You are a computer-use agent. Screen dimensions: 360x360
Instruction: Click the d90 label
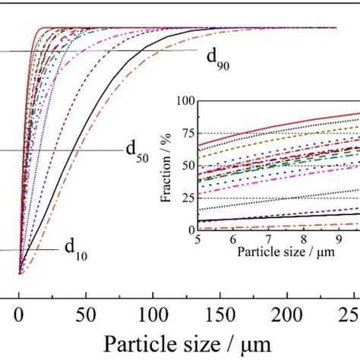click(x=216, y=59)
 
